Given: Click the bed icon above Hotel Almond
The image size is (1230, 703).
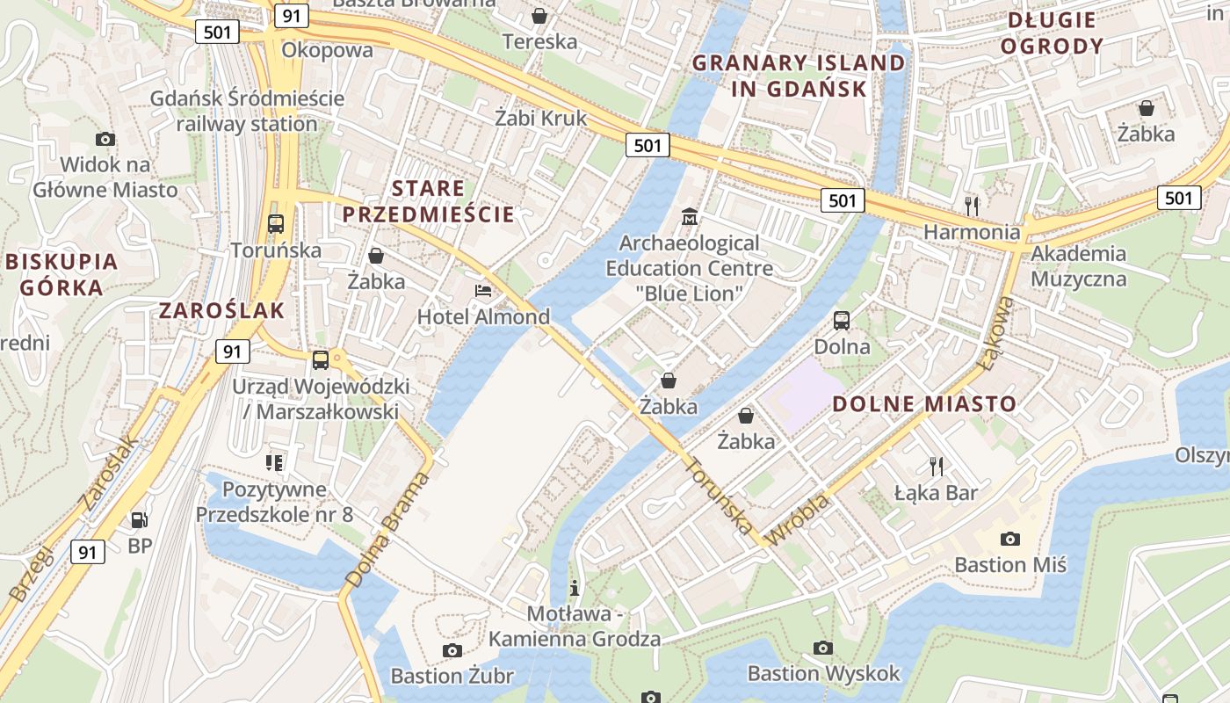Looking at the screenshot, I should (482, 291).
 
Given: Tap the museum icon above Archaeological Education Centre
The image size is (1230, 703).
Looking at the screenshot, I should (690, 215).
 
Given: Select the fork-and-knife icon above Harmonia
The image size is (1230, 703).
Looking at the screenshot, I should (971, 206).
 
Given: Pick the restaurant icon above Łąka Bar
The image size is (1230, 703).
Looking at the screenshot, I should (937, 466).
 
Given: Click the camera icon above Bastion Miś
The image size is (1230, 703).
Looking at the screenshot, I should (1010, 539).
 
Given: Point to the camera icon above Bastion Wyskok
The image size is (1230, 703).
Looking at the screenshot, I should (823, 648).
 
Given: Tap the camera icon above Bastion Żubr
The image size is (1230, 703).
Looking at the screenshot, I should (452, 650).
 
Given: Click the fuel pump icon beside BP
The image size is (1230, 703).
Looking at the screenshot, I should (139, 519).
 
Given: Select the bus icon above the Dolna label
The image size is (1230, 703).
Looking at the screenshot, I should (842, 320).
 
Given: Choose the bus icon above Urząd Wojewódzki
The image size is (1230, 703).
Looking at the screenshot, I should (321, 359).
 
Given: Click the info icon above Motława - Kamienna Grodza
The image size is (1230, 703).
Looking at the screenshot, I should (575, 587).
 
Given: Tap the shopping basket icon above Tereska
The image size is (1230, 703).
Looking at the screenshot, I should (539, 16).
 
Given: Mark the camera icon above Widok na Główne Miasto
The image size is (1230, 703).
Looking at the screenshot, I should (105, 139).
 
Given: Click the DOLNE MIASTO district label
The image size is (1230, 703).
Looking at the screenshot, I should (923, 404).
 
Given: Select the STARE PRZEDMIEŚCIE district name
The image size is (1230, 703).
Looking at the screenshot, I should (428, 201).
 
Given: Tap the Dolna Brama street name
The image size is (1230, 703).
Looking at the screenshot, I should (387, 530).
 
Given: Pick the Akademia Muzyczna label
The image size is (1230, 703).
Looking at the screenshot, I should (1078, 266).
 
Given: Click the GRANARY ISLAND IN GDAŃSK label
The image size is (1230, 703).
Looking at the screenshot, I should (798, 76).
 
